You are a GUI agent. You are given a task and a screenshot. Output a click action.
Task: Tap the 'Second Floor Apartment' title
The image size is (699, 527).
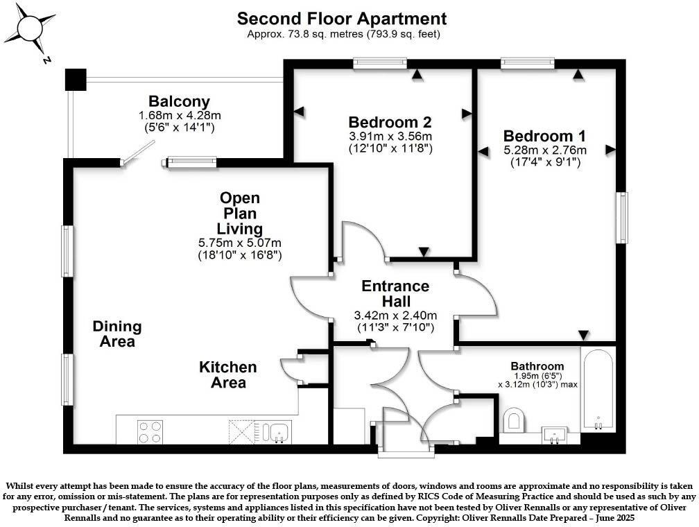[342, 19]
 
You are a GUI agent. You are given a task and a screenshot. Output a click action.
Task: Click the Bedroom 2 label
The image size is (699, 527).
[390, 119]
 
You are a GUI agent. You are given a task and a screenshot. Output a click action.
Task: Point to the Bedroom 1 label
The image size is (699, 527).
[544, 135]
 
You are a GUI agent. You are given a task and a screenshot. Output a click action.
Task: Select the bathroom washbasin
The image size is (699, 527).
[555, 435]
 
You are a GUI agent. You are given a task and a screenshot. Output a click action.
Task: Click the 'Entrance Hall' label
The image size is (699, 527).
[395, 294]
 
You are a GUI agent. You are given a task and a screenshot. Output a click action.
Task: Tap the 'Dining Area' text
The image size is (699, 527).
[117, 334]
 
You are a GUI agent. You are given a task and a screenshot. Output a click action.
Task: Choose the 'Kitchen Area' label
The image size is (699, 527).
[228, 374]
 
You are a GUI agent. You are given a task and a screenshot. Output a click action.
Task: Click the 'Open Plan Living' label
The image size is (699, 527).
[240, 213]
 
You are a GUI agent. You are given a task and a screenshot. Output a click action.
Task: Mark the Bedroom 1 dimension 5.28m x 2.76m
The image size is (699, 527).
[544, 150]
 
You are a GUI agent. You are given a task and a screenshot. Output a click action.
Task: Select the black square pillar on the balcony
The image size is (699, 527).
[75, 79]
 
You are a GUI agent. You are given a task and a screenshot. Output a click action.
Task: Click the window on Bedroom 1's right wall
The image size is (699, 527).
[622, 217]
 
